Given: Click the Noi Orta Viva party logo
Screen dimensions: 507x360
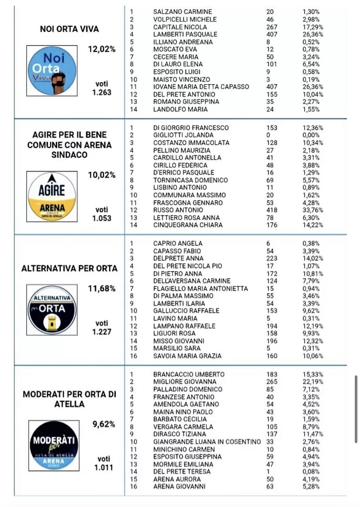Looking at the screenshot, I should click(x=52, y=70).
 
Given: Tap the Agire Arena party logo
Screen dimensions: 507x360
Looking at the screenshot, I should click(x=52, y=196).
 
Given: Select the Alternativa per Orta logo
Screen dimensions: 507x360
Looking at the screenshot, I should click(x=52, y=310).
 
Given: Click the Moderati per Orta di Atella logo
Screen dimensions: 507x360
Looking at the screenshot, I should click(x=54, y=445).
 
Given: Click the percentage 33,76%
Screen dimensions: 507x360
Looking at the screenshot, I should click(x=313, y=210).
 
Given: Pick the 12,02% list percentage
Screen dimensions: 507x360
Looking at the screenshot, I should click(x=102, y=49).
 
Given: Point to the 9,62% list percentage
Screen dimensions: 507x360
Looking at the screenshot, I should click(x=103, y=424).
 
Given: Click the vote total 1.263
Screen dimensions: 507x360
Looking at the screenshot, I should click(x=102, y=92).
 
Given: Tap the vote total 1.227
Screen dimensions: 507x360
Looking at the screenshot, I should click(x=102, y=331).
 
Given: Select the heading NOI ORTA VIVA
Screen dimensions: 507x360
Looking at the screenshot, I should click(x=70, y=29).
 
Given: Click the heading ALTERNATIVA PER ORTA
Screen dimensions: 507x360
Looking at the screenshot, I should click(x=70, y=268).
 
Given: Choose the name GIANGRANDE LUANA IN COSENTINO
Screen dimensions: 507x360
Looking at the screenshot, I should click(x=207, y=442).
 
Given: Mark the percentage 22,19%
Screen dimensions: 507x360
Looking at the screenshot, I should click(x=313, y=382).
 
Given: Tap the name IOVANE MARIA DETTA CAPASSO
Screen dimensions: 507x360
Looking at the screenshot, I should click(x=201, y=87).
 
